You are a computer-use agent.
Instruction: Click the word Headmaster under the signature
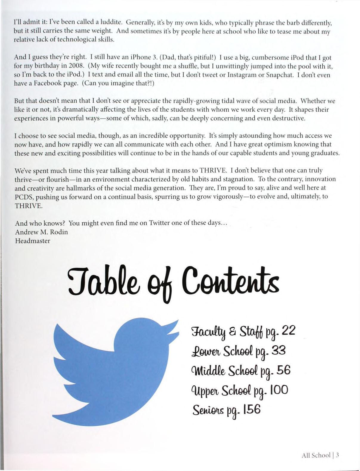pyautogui.click(x=33, y=241)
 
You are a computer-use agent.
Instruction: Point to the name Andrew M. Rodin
pyautogui.click(x=41, y=232)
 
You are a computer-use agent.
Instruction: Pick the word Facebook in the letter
pyautogui.click(x=40, y=84)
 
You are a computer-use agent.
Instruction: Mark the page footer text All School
pyautogui.click(x=316, y=455)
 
